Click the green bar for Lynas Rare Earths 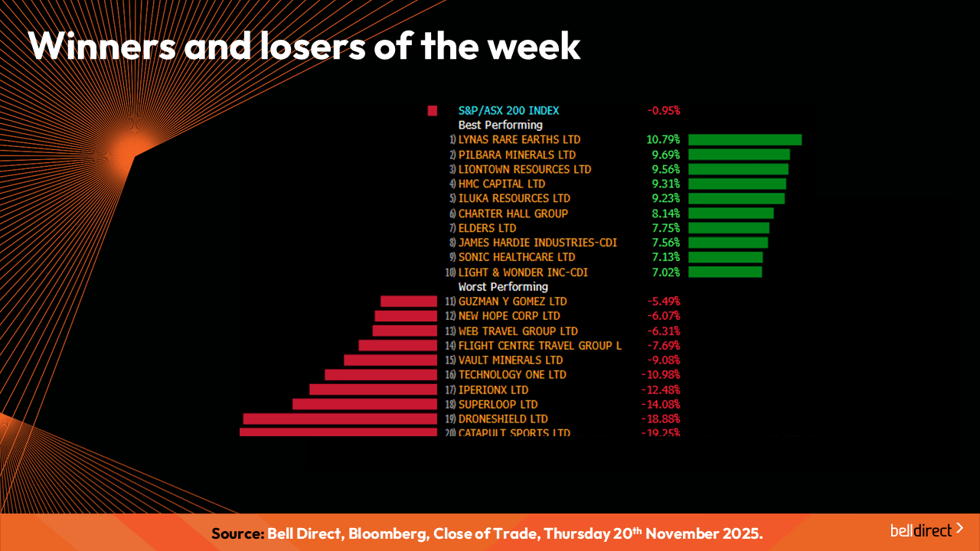click(x=744, y=140)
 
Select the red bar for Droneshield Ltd click(x=340, y=419)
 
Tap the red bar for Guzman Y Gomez click(x=408, y=302)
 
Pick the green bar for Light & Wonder click(x=724, y=272)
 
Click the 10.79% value click(x=663, y=140)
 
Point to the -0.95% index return click(x=664, y=110)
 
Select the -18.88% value click(x=661, y=419)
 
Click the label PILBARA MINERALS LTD click(x=517, y=155)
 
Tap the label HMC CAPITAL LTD click(x=501, y=184)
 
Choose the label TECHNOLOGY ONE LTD click(x=512, y=375)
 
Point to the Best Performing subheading click(x=500, y=125)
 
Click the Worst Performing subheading click(x=503, y=287)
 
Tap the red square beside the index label click(x=433, y=111)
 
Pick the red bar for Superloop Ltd click(x=364, y=404)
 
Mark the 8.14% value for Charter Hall click(x=663, y=214)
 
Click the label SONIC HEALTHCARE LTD click(x=516, y=257)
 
